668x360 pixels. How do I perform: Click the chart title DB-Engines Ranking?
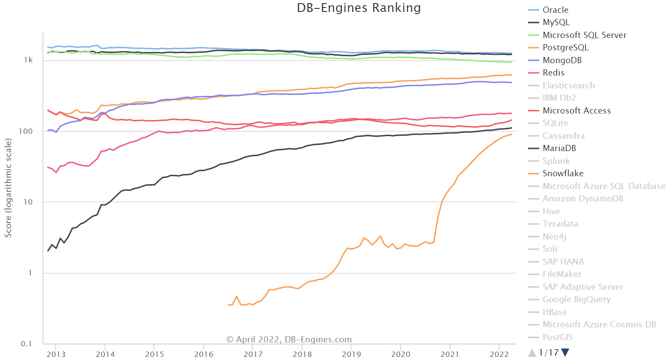pyautogui.click(x=359, y=8)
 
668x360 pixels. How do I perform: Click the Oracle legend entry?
pyautogui.click(x=555, y=10)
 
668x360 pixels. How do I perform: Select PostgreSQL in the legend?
pyautogui.click(x=565, y=48)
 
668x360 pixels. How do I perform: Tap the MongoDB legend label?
pyautogui.click(x=562, y=60)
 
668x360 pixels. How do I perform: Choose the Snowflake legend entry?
pyautogui.click(x=562, y=174)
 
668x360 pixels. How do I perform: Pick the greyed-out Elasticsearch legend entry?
pyautogui.click(x=568, y=85)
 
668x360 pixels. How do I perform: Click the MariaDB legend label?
pyautogui.click(x=559, y=148)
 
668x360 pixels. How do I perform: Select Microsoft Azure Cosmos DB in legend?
pyautogui.click(x=599, y=325)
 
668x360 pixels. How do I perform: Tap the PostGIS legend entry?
pyautogui.click(x=557, y=337)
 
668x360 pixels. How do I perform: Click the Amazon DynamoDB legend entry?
pyautogui.click(x=582, y=199)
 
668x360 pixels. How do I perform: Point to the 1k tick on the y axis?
pyautogui.click(x=28, y=60)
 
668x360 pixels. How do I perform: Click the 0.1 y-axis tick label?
pyautogui.click(x=27, y=344)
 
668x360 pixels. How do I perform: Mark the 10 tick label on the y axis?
pyautogui.click(x=28, y=202)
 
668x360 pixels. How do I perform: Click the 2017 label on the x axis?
pyautogui.click(x=253, y=354)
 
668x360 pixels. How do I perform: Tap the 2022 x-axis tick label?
pyautogui.click(x=499, y=354)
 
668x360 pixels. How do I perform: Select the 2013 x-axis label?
pyautogui.click(x=56, y=354)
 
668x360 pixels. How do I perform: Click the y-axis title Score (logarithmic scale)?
pyautogui.click(x=8, y=188)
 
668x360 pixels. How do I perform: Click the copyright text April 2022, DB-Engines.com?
pyautogui.click(x=289, y=340)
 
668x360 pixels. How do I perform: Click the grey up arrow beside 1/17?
pyautogui.click(x=532, y=352)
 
